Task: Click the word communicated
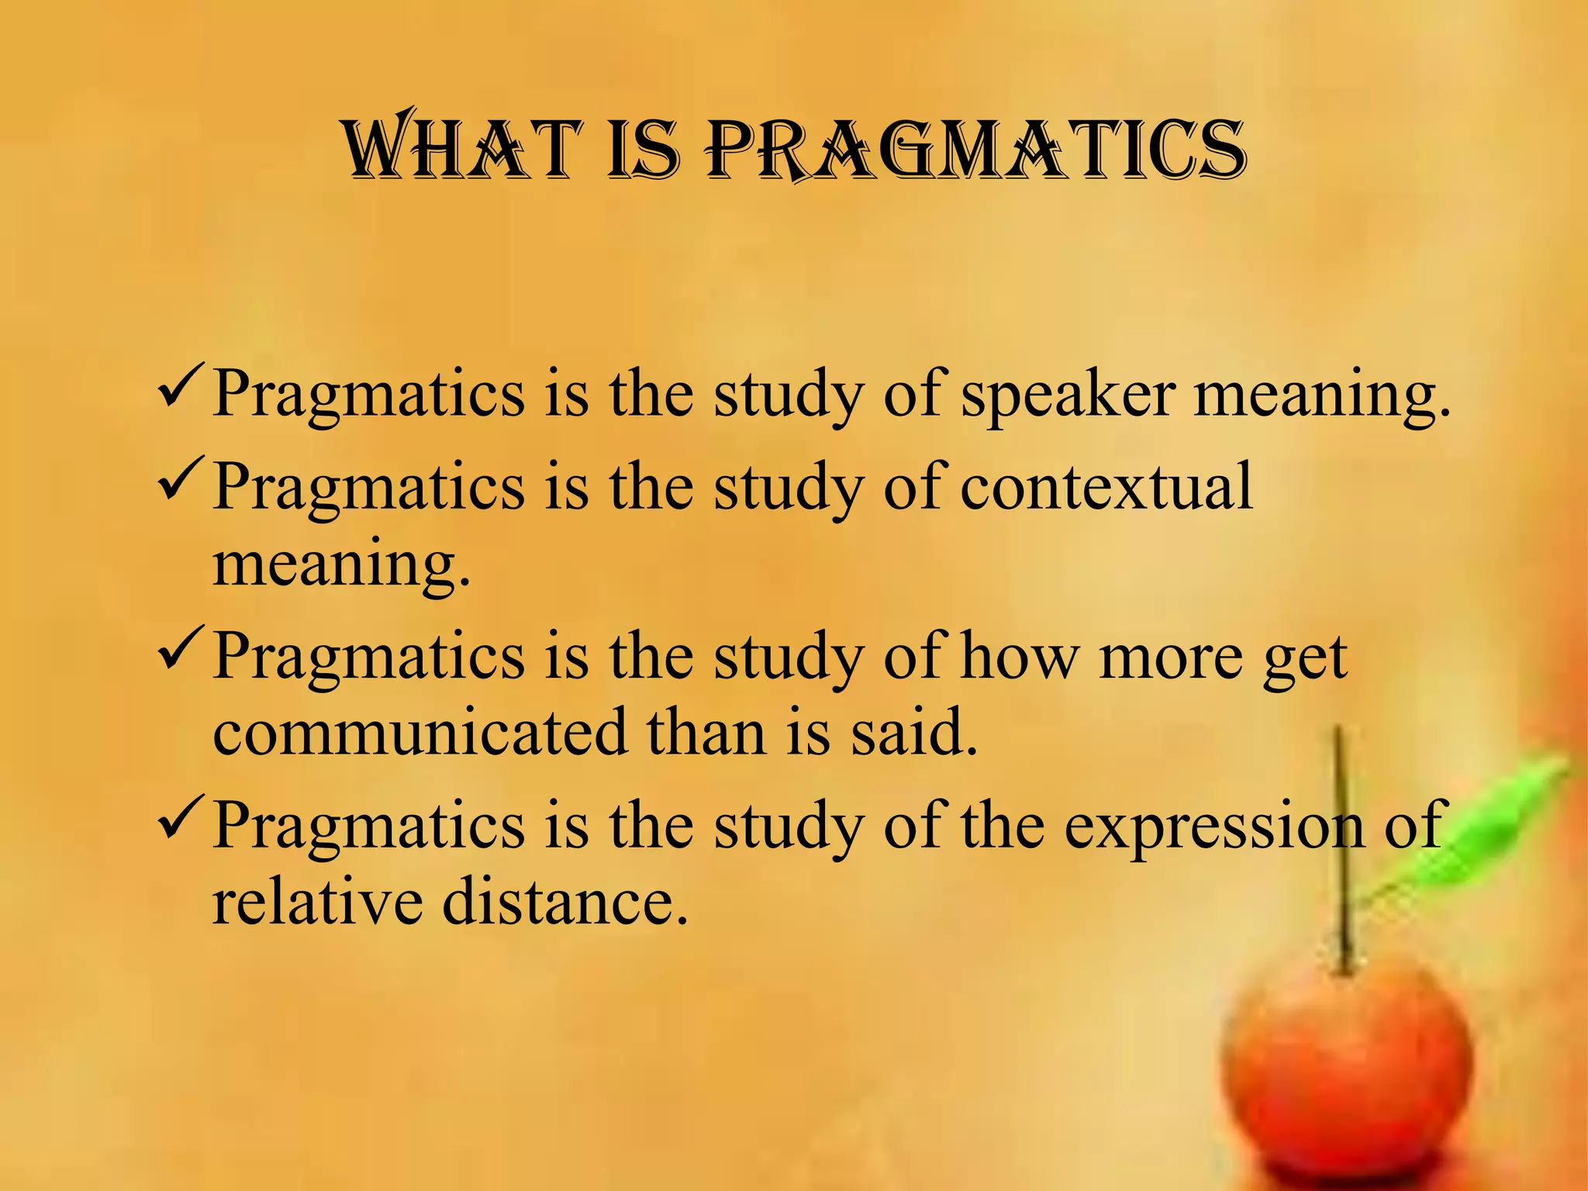419,732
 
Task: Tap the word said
914,732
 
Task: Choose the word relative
316,903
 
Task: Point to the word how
1019,658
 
